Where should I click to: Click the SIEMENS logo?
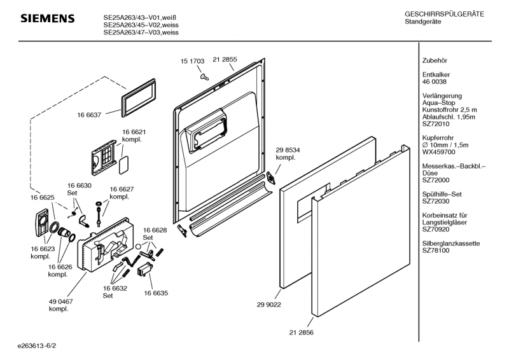tap(48, 18)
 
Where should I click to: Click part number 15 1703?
tap(193, 61)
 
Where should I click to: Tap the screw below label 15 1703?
tap(204, 76)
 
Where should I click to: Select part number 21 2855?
tap(225, 59)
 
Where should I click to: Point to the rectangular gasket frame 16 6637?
tap(138, 98)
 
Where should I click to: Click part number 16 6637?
tap(89, 115)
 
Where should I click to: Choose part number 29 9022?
tap(268, 305)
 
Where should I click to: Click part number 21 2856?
tap(301, 333)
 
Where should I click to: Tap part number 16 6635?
tap(156, 293)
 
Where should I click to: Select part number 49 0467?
tap(60, 301)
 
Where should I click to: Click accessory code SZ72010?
tap(436, 124)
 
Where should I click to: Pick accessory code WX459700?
tap(438, 152)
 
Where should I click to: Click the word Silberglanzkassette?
tap(451, 244)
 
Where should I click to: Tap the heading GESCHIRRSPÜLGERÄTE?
tap(444, 14)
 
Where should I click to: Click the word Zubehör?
tap(435, 60)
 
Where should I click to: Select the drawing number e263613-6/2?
tap(37, 346)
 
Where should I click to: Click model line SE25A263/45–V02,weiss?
tap(141, 25)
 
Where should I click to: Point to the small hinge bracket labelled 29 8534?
tap(271, 178)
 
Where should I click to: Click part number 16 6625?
tap(43, 198)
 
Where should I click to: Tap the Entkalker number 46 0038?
tap(435, 82)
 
